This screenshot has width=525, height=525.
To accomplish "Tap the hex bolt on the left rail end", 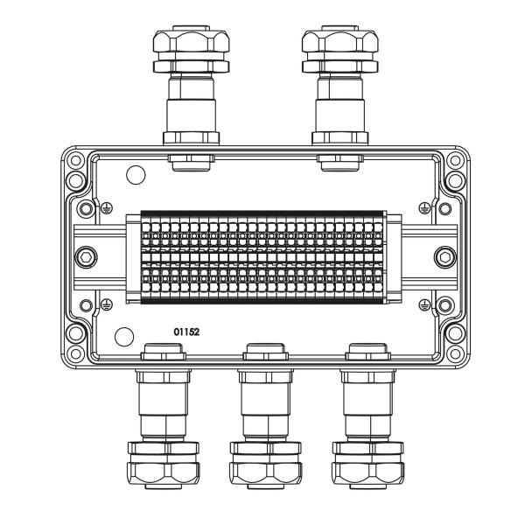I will coord(85,256).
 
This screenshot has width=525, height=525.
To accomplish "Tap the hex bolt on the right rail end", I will coord(442,256).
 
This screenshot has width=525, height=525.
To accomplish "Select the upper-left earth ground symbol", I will coord(106,209).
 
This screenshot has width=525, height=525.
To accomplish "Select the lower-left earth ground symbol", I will coord(106,304).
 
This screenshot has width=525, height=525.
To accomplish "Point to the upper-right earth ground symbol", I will coord(423,209).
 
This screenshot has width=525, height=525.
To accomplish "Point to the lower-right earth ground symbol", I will coord(423,304).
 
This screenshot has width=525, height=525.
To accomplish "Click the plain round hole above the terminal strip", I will coord(136,175).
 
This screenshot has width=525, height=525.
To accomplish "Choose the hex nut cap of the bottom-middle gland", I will coord(264,473).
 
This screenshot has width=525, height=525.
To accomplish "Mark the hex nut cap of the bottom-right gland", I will coord(367,473).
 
